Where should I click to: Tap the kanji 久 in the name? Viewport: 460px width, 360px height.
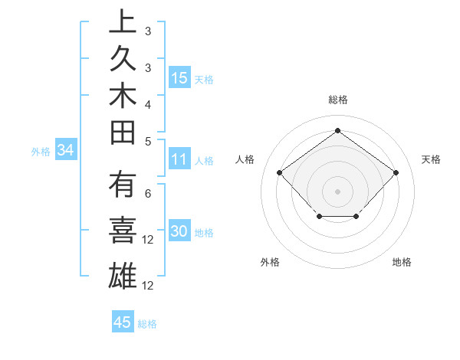pyautogui.click(x=123, y=61)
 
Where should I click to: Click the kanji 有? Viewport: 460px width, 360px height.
pyautogui.click(x=123, y=188)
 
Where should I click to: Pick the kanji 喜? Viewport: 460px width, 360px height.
pyautogui.click(x=123, y=232)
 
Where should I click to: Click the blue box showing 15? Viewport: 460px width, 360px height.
pyautogui.click(x=179, y=77)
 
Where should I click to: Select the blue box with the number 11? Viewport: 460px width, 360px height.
pyautogui.click(x=179, y=159)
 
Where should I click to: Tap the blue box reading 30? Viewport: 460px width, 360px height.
pyautogui.click(x=179, y=232)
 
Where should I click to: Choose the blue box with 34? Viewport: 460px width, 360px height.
pyautogui.click(x=66, y=151)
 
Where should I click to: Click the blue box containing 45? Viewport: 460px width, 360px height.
pyautogui.click(x=123, y=322)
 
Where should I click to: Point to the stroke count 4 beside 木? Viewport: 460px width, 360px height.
pyautogui.click(x=147, y=103)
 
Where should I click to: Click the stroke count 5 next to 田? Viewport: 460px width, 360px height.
pyautogui.click(x=147, y=141)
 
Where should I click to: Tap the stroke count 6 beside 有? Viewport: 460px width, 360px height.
pyautogui.click(x=147, y=194)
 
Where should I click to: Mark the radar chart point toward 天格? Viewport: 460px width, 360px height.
pyautogui.click(x=396, y=172)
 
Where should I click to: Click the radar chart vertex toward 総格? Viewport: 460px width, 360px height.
pyautogui.click(x=337, y=130)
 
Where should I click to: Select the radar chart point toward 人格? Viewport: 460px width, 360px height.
pyautogui.click(x=279, y=172)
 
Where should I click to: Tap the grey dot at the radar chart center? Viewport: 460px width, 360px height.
pyautogui.click(x=337, y=191)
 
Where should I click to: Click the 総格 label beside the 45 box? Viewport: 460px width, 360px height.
pyautogui.click(x=147, y=323)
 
